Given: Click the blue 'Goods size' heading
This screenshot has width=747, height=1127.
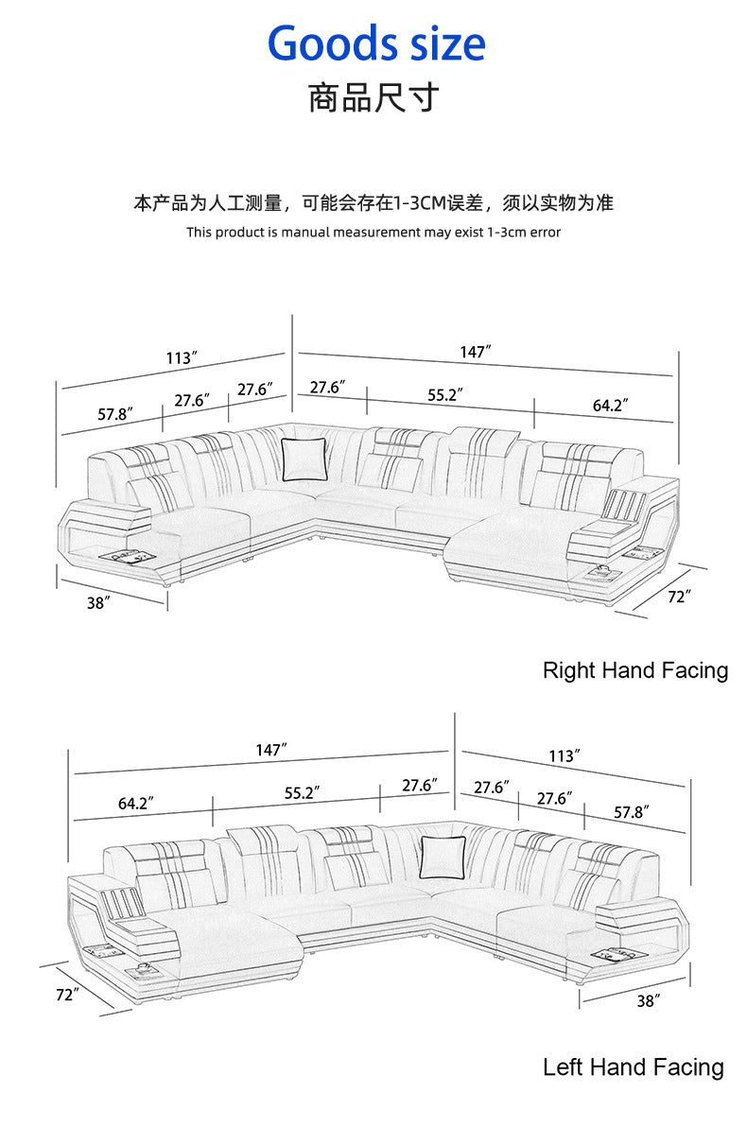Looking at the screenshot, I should (376, 43).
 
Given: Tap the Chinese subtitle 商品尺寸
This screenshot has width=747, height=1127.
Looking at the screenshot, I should (373, 98).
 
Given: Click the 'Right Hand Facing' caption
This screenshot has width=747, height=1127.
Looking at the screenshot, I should (634, 670).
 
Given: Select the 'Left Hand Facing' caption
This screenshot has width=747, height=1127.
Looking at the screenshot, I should (633, 1067).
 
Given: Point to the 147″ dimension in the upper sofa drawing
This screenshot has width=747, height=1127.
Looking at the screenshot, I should (476, 352).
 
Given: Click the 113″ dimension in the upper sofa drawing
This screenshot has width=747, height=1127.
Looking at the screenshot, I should (181, 358).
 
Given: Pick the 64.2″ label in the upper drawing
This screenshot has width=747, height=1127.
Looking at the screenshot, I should (611, 406).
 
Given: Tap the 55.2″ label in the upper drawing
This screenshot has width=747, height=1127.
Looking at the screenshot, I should (445, 395).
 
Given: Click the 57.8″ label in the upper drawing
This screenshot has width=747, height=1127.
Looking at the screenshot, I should (115, 414).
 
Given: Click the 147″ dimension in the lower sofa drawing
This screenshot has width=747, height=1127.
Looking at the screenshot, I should (271, 750).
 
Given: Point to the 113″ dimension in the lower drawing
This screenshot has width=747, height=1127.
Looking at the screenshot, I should (564, 756).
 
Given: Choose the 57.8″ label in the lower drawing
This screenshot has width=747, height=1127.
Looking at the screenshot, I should (632, 811).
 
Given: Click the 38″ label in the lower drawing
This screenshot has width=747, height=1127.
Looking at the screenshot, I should (647, 1000).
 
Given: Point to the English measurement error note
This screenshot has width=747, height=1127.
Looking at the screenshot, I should (373, 232).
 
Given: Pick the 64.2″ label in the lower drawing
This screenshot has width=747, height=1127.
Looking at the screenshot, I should (136, 803).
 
